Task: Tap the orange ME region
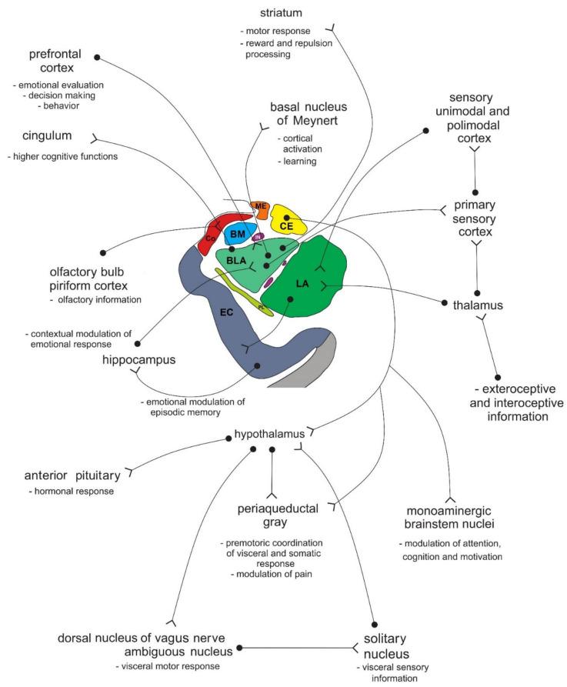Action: click(261, 206)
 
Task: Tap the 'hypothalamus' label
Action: click(270, 434)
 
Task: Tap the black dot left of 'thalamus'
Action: click(444, 303)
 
